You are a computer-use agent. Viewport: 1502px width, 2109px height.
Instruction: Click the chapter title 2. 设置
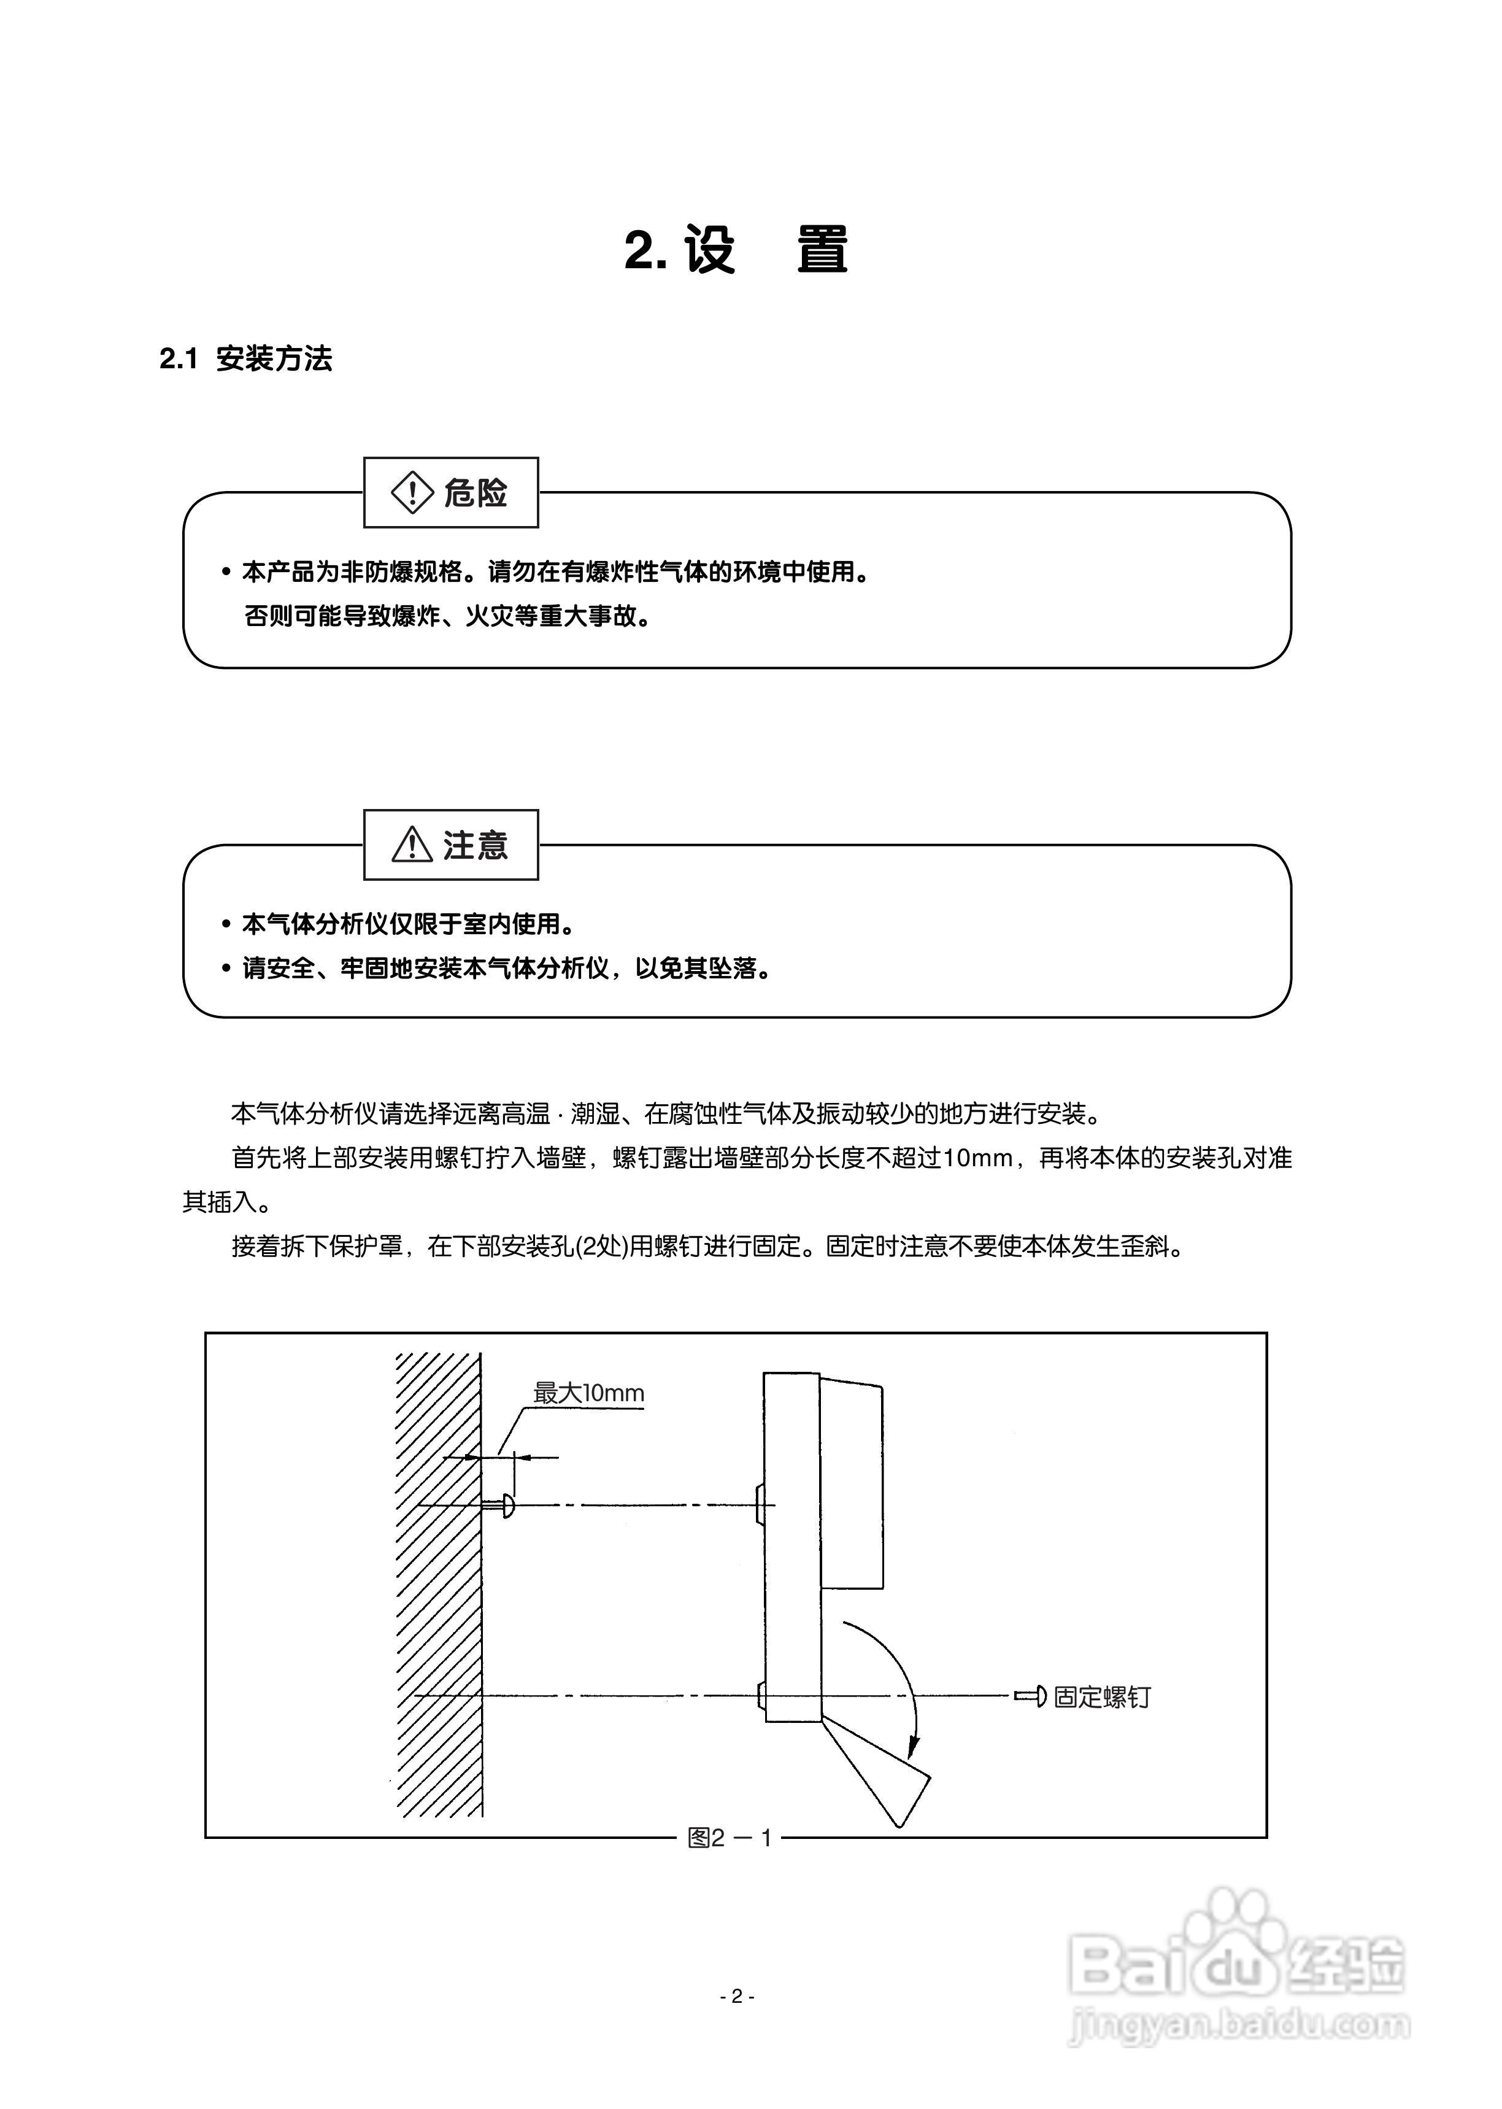(736, 250)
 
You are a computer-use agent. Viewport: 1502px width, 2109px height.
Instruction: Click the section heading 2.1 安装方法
(245, 359)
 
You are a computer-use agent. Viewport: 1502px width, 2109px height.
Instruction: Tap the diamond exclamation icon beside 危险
(412, 492)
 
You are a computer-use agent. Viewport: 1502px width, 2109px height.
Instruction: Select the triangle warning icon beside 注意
(412, 845)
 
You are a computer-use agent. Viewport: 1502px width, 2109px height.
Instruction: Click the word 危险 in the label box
(476, 493)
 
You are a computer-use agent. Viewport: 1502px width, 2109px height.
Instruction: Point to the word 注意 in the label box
(476, 845)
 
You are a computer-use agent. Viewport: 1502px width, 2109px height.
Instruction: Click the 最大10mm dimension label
(588, 1393)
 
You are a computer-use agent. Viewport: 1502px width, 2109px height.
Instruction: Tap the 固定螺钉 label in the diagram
(1101, 1697)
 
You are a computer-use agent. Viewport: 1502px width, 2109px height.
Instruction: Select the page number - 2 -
(737, 1996)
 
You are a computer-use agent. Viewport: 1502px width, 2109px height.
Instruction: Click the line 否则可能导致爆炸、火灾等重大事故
(448, 616)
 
